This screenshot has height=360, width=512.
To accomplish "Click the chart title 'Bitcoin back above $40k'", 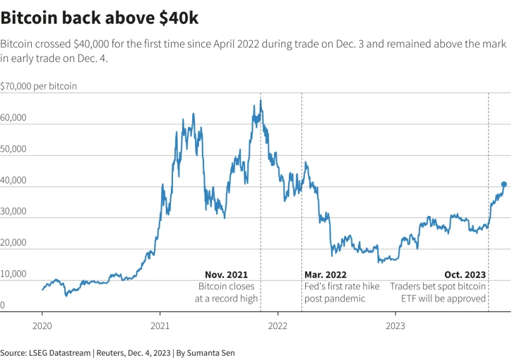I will tap(100, 16).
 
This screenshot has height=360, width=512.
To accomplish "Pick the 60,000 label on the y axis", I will tap(13, 118).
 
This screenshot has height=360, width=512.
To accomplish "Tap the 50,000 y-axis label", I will tap(13, 149).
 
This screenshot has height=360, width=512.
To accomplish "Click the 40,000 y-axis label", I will tap(13, 180).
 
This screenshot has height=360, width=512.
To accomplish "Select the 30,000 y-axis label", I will tap(13, 211).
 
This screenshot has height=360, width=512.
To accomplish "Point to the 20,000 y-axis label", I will tap(13, 242).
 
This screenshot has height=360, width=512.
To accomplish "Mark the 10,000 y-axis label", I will tap(13, 273).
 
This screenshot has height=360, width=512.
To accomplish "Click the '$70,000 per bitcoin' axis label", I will tap(39, 86).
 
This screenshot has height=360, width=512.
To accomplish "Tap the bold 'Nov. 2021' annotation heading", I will tap(226, 275).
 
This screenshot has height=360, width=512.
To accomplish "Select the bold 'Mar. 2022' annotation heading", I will tap(326, 275).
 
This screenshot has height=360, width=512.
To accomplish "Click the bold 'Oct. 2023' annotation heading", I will tap(465, 275).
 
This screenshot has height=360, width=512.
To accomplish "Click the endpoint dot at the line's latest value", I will tap(504, 184).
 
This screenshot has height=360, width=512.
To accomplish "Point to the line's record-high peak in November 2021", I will tap(261, 100).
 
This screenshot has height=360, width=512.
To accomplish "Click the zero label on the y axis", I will tap(3, 305).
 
